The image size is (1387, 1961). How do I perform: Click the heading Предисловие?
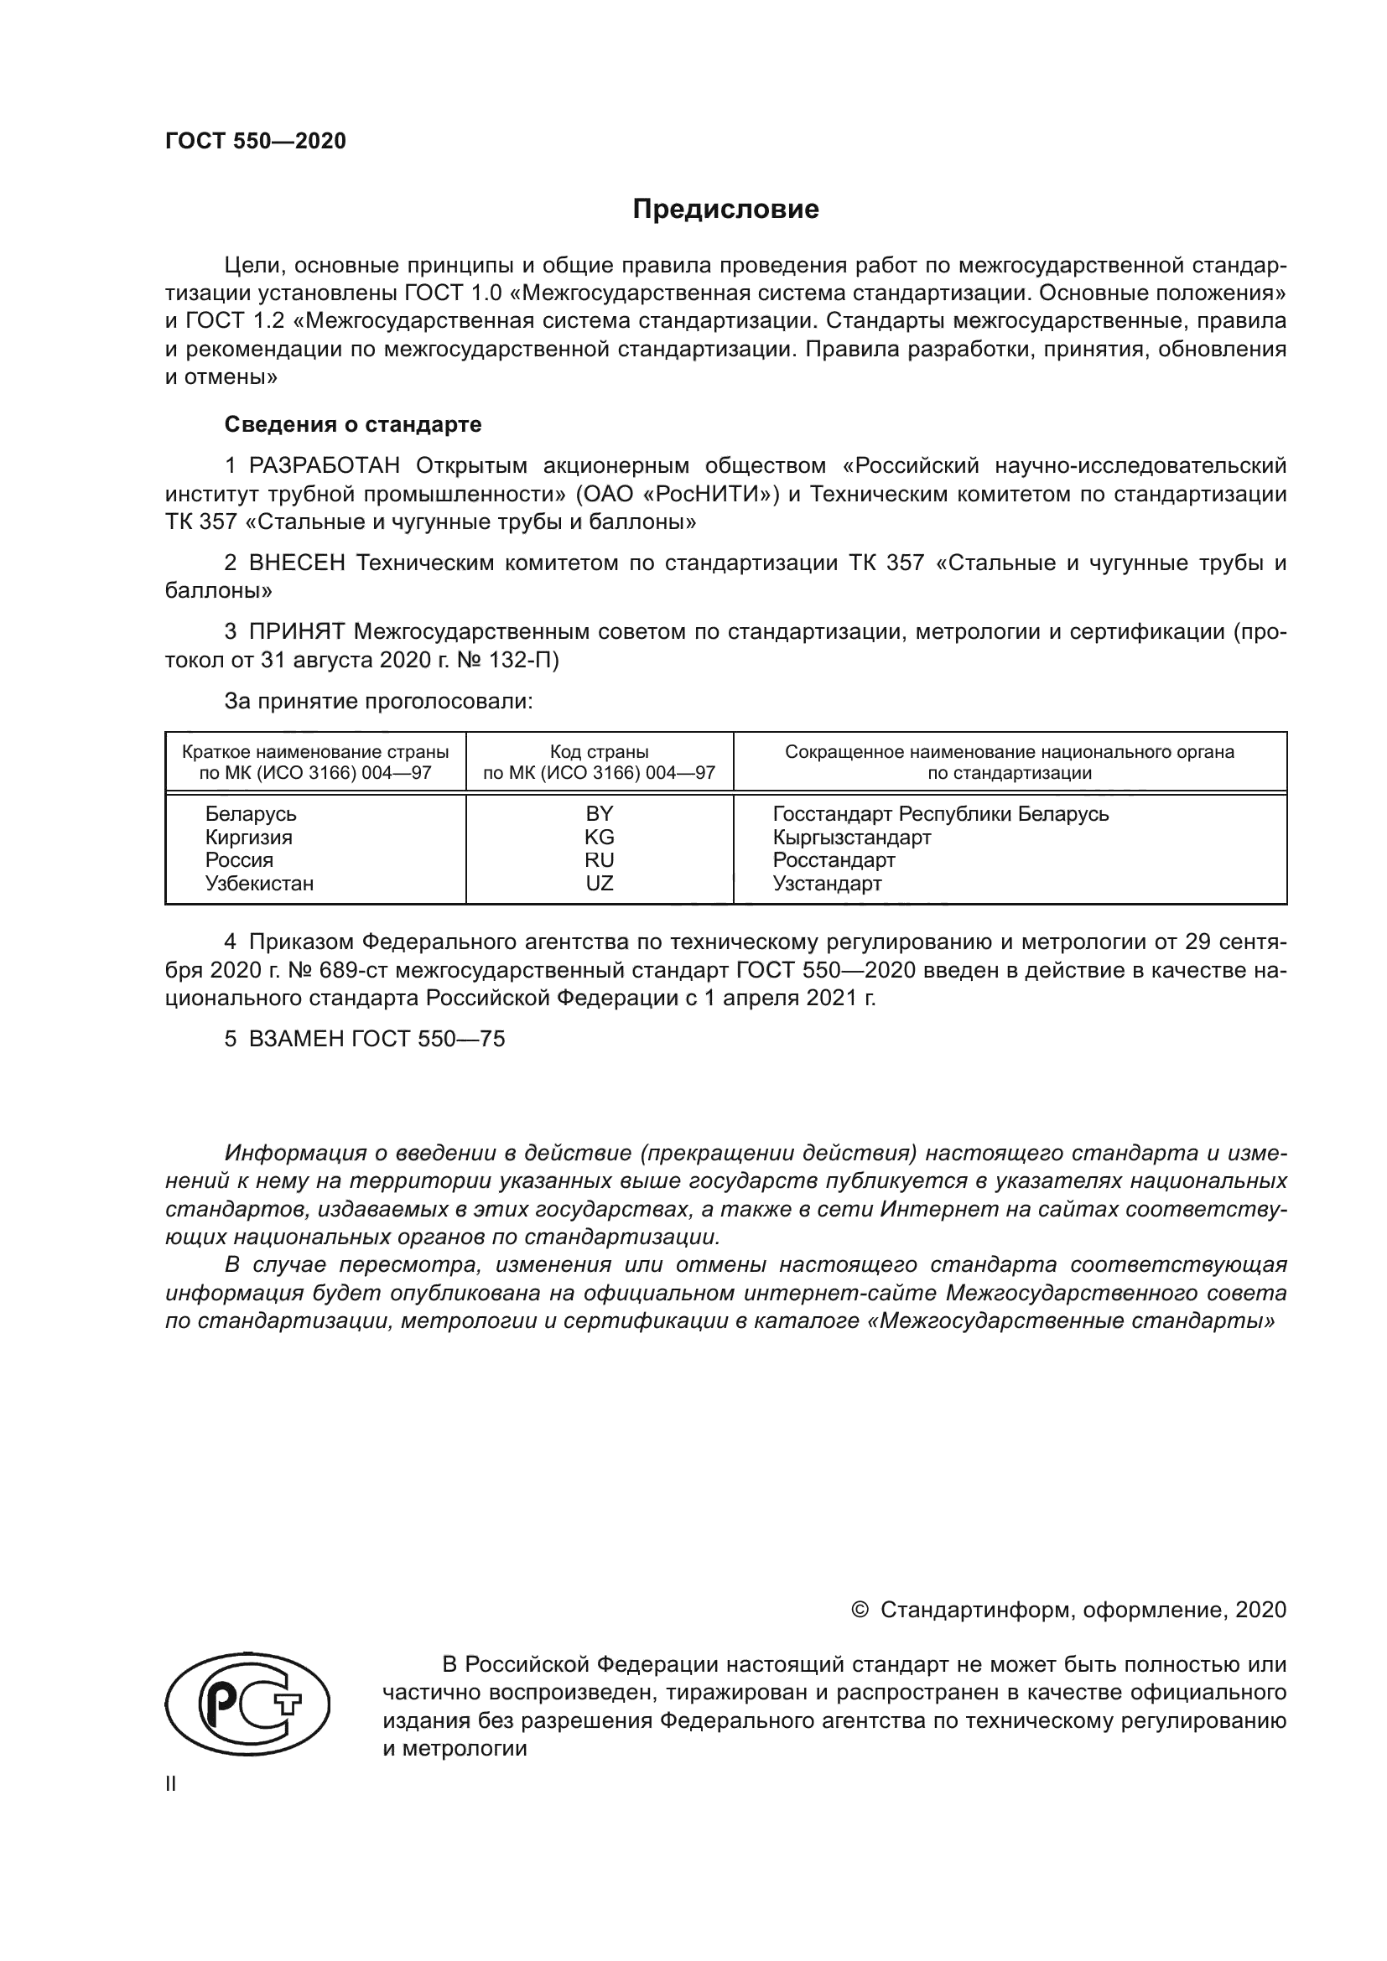point(725,210)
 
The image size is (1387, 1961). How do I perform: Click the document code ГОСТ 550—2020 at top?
point(256,141)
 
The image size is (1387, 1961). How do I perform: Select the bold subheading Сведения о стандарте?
point(353,424)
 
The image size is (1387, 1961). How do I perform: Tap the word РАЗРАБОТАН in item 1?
point(325,465)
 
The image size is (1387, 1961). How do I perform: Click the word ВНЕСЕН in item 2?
point(297,563)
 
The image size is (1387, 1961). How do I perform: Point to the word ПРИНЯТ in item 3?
point(297,632)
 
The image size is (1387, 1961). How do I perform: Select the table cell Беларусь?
point(251,814)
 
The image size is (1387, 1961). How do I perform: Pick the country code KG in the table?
point(600,837)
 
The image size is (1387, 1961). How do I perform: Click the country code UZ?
point(600,883)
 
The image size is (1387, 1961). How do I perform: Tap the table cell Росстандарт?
point(834,860)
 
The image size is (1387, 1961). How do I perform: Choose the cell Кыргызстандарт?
point(851,837)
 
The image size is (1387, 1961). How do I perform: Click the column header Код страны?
point(600,752)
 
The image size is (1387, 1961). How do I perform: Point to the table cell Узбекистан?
point(260,883)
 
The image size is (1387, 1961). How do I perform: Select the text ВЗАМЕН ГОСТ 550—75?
point(377,1040)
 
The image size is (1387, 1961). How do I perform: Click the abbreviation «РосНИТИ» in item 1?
point(704,494)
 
